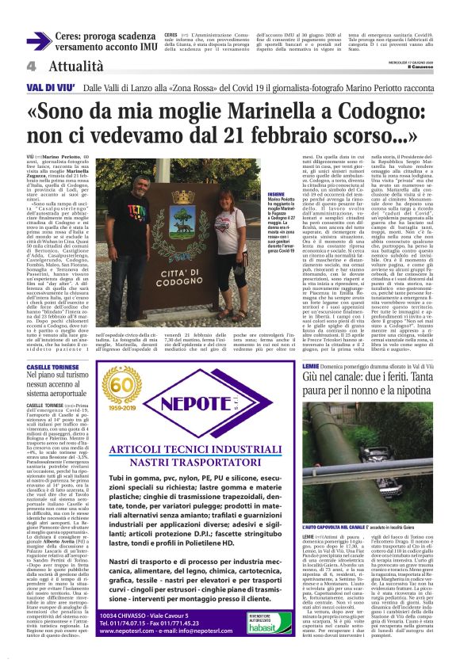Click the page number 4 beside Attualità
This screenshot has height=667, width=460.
coord(31,67)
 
